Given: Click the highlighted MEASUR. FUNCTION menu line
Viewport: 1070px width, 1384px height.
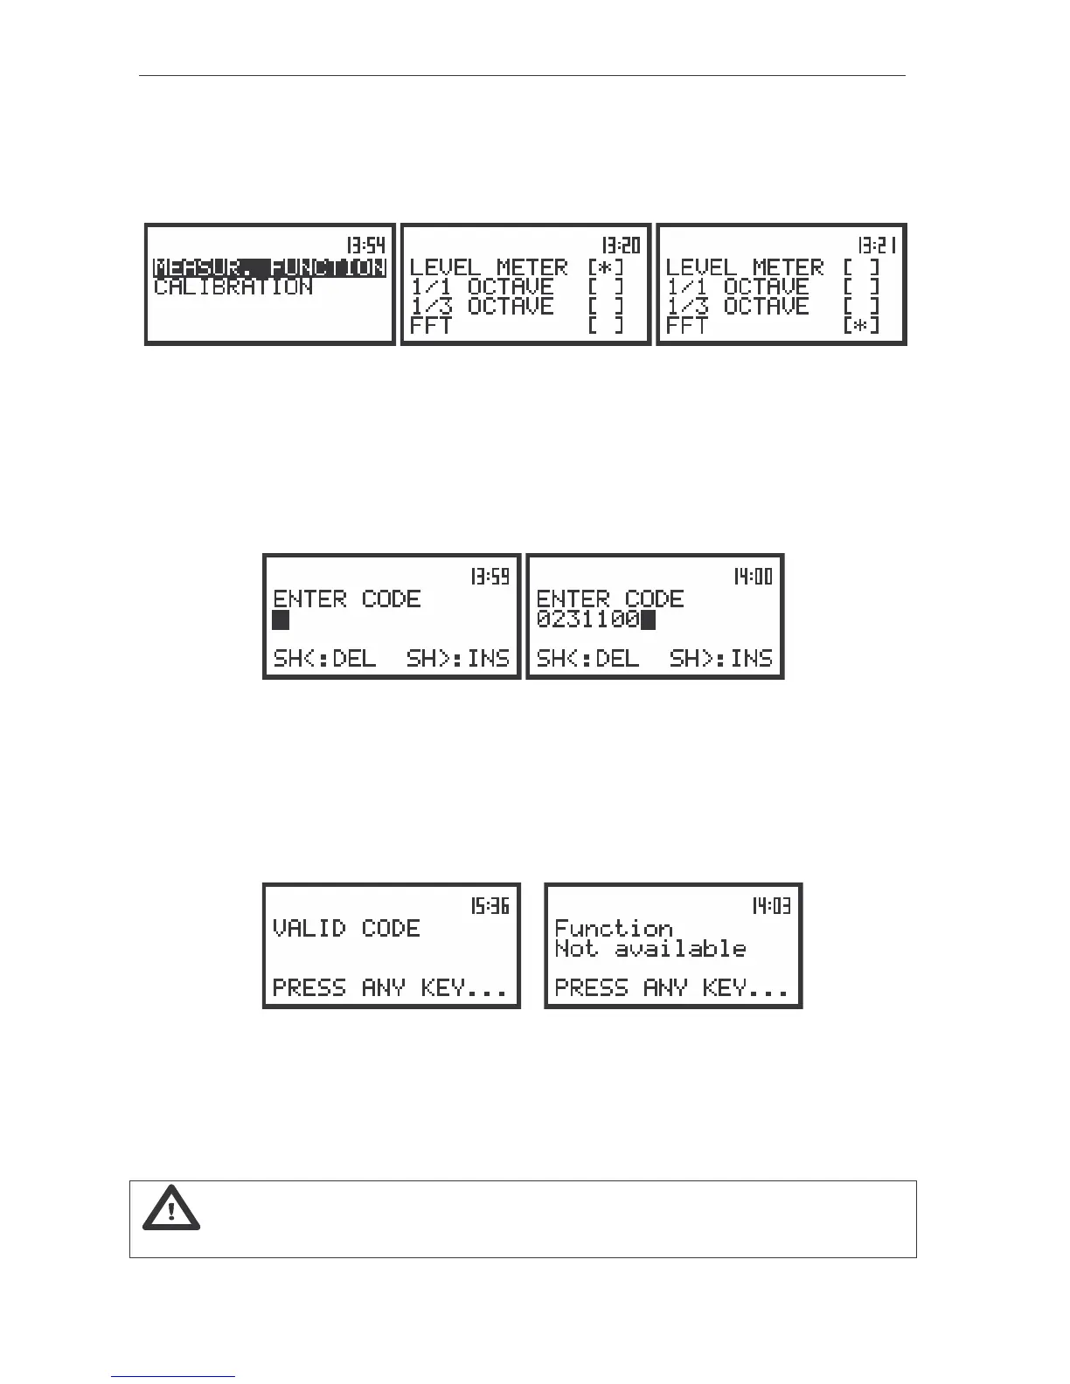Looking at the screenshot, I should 269,267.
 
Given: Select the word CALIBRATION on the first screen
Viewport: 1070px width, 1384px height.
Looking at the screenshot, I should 233,287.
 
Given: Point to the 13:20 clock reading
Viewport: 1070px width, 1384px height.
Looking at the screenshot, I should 621,246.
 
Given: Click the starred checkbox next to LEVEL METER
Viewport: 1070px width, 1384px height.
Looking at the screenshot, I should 606,267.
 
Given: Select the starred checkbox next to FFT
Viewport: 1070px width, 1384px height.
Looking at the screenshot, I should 862,326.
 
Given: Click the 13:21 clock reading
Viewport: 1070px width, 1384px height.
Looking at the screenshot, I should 877,246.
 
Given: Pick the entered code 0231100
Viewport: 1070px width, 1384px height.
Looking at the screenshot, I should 587,619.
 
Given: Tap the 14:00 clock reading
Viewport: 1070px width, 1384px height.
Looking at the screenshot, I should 753,577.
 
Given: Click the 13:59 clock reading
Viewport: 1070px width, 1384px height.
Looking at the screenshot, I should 490,577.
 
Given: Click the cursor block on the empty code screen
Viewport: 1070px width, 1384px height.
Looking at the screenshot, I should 281,619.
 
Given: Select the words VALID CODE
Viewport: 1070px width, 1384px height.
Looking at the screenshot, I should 346,928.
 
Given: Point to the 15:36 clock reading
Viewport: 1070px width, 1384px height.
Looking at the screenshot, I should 490,906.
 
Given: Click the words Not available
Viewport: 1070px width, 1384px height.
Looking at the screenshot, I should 650,949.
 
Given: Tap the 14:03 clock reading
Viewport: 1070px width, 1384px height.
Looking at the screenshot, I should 771,906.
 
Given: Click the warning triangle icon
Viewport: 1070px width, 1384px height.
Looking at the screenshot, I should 171,1209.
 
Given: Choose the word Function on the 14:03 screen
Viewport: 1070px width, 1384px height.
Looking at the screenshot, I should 614,928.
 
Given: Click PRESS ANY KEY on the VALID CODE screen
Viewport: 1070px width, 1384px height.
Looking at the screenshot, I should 390,988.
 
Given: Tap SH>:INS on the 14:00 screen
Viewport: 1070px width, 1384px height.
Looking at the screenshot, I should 721,658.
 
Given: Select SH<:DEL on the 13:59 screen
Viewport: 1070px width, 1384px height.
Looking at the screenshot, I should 324,658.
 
